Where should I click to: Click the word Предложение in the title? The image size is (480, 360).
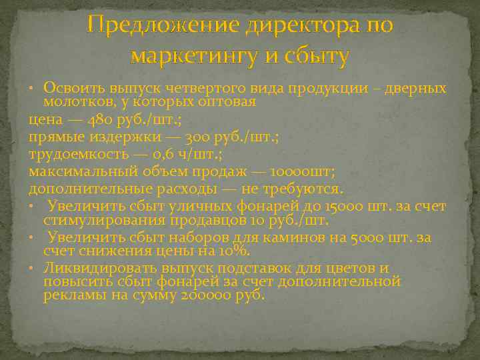tap(163, 26)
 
